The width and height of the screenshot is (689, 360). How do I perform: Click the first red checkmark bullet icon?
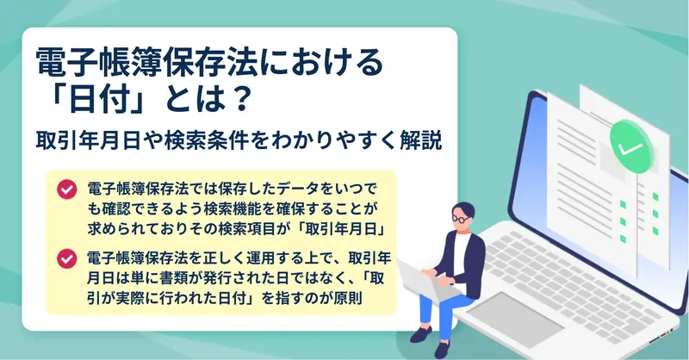point(67,189)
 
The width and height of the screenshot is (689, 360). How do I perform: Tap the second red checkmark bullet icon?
point(67,259)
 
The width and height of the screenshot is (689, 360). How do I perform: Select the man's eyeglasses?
point(462,218)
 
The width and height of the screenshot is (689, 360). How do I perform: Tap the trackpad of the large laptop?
point(515,314)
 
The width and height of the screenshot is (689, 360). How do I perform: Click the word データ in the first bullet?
point(296,189)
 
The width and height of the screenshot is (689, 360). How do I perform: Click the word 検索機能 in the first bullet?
point(237,209)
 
